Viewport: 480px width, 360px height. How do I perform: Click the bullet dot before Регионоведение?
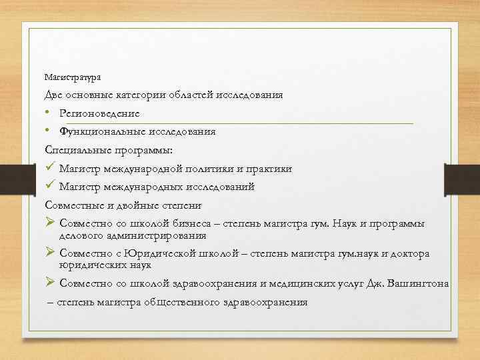pos(49,113)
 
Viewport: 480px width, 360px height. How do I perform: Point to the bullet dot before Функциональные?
pos(49,131)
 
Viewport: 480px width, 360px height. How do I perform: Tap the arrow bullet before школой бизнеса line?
pos(51,222)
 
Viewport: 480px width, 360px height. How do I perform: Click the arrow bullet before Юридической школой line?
pos(51,252)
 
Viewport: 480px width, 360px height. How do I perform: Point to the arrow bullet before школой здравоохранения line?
pos(51,283)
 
